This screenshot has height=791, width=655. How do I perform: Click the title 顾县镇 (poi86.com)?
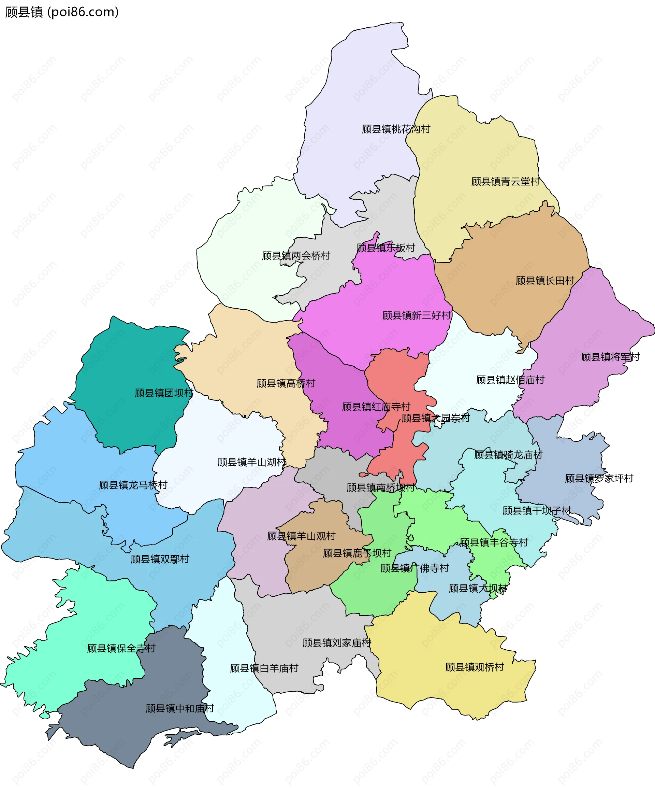point(62,12)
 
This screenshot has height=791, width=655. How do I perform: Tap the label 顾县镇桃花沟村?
point(396,129)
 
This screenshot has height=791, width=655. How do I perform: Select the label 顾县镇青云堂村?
point(505,182)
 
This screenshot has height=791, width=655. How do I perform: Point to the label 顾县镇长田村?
point(545,281)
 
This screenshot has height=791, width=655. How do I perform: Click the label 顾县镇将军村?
point(610,357)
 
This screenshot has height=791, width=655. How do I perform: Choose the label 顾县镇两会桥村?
point(296,256)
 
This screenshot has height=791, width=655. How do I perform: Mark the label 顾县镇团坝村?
point(164,393)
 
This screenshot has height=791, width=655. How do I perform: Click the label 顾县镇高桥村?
point(286,383)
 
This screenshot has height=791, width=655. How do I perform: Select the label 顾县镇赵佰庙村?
point(510,380)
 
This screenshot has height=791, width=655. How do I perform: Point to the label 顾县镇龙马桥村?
point(133,485)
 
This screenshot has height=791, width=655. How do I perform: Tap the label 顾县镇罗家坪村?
point(599,478)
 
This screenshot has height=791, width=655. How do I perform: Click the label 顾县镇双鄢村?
point(160,559)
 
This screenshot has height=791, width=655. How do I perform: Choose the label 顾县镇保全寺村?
point(121,648)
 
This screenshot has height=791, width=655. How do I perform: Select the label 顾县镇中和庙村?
point(179,708)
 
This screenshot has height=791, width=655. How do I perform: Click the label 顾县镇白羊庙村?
point(264,668)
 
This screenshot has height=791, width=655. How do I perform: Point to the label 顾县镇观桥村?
point(474,667)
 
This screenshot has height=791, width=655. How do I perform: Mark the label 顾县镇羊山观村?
point(301,536)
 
